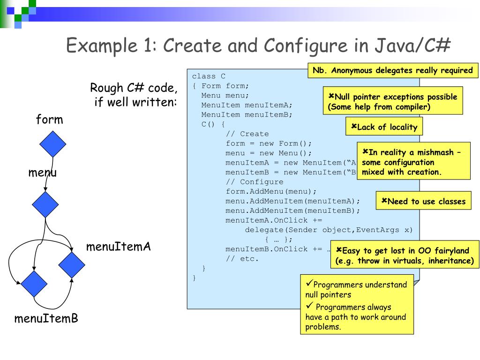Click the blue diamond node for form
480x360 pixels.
pyautogui.click(x=53, y=144)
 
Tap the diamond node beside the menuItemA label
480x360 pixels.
pyautogui.click(x=72, y=264)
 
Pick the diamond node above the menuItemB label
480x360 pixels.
pyautogui.click(x=34, y=284)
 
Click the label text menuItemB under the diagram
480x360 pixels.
pyautogui.click(x=46, y=319)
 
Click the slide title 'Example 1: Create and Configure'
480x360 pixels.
pyautogui.click(x=258, y=45)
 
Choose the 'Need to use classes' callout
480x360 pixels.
pyautogui.click(x=423, y=202)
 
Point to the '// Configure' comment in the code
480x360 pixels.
pyautogui.click(x=254, y=182)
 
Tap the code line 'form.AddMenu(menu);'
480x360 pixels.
pyautogui.click(x=271, y=191)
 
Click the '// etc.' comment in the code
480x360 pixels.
pyautogui.click(x=242, y=259)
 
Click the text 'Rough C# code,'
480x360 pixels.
pyautogui.click(x=134, y=88)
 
